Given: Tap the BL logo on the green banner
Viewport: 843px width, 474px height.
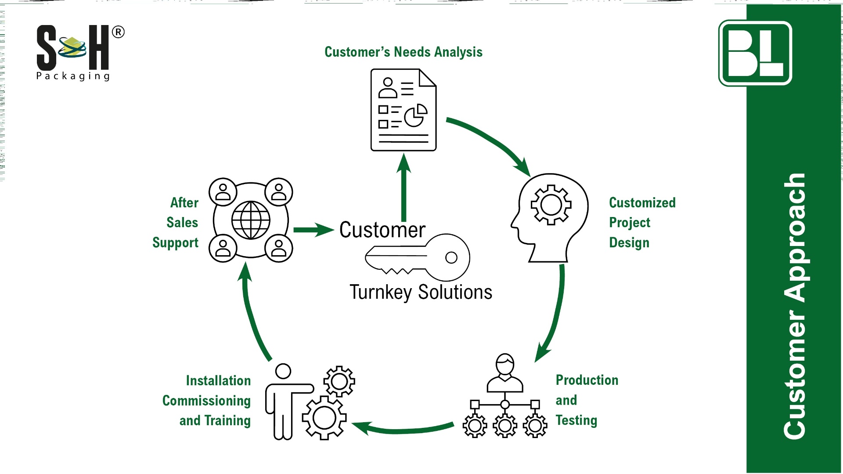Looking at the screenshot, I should pos(755,53).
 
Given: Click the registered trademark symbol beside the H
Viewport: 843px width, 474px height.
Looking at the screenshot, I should pos(118,32).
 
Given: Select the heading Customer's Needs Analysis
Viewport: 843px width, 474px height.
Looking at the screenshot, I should pos(403,52).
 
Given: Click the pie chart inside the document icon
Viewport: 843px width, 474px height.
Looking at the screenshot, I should pos(415,115).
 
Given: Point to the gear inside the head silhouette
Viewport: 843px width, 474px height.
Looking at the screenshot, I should pos(551,205).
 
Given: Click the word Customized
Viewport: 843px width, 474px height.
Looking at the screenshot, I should pos(642,203).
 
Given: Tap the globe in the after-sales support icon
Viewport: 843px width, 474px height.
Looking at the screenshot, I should pos(251,220).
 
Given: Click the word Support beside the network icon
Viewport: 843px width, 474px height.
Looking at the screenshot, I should pos(175,242).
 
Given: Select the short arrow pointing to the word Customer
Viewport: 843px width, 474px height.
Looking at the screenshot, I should pos(313,230).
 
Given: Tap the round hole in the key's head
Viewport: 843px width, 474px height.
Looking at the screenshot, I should pos(451,257).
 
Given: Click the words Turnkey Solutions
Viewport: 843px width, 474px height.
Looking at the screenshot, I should pos(421,292).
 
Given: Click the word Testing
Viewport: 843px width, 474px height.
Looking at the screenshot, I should pos(576,420).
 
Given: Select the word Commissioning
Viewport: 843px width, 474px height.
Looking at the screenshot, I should pos(206,401).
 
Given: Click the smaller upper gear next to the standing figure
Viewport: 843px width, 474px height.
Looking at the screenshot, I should pos(339,381).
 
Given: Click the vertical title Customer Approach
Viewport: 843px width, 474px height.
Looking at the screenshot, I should pos(795,306).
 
